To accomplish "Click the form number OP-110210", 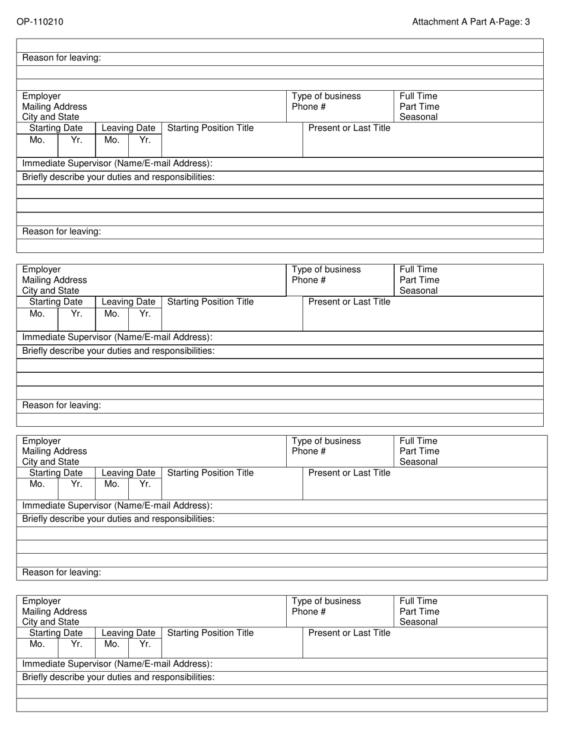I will (40, 22).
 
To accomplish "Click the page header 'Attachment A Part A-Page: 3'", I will (471, 22).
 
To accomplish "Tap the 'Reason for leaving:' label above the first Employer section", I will (62, 58).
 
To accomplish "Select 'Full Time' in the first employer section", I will (419, 96).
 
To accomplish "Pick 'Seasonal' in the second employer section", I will (419, 291).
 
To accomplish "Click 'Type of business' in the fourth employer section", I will (327, 601).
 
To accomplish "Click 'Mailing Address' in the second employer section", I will (55, 280).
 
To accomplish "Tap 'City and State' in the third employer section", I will (51, 462).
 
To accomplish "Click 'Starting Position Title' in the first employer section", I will (211, 128).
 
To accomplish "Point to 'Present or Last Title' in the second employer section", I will (350, 302).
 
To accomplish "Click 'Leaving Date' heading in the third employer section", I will (129, 473).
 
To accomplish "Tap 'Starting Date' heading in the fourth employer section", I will (56, 633).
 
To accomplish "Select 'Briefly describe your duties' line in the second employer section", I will (119, 351).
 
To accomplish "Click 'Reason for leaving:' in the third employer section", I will (62, 573).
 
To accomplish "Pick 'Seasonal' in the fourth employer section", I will (419, 623).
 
